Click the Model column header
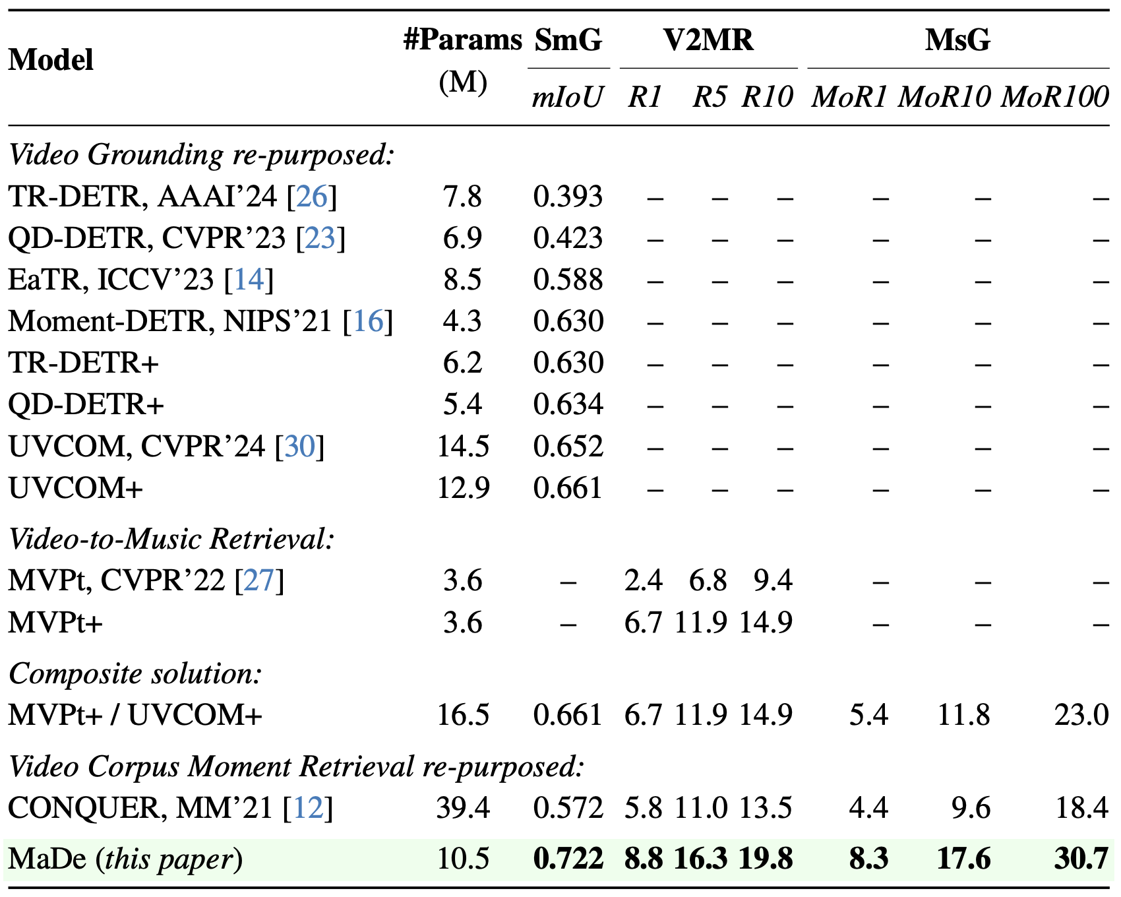point(51,60)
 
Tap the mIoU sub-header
point(567,98)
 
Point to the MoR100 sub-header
point(1054,98)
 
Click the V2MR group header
point(708,40)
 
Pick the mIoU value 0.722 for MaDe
point(568,859)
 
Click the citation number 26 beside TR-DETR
point(312,197)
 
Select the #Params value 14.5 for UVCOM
point(463,447)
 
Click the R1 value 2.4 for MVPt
point(643,580)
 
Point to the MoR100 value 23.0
point(1081,715)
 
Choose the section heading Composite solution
point(135,673)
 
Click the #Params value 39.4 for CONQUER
point(463,808)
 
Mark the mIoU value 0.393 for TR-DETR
point(568,197)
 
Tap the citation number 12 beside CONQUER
point(308,808)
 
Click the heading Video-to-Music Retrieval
point(171,539)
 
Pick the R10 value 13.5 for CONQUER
point(766,808)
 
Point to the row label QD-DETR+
point(86,404)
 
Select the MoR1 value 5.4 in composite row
point(868,715)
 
